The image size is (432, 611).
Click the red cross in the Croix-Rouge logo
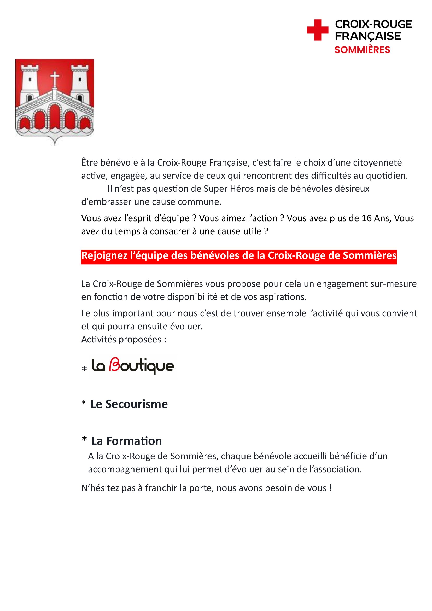pyautogui.click(x=318, y=30)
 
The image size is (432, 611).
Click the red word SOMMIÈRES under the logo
pyautogui.click(x=362, y=50)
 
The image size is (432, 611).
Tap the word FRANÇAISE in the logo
pyautogui.click(x=368, y=36)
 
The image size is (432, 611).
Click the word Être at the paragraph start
pyautogui.click(x=90, y=162)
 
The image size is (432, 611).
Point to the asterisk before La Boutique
pyautogui.click(x=84, y=369)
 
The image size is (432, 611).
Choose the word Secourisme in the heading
pyautogui.click(x=136, y=404)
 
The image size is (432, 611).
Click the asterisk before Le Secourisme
pyautogui.click(x=84, y=403)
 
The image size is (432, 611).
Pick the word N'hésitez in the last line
pyautogui.click(x=100, y=488)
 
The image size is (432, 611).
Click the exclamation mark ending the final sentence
pyautogui.click(x=330, y=488)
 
